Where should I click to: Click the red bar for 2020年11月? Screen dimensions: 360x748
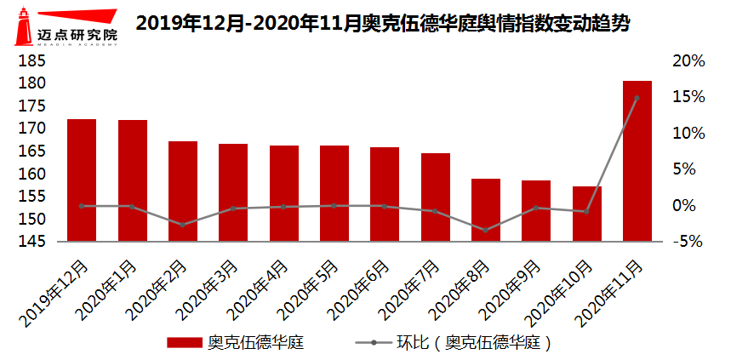pyautogui.click(x=637, y=162)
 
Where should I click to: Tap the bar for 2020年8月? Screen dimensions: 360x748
pyautogui.click(x=486, y=210)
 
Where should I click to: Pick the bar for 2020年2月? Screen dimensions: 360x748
pyautogui.click(x=183, y=191)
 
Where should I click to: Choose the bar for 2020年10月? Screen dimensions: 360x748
pyautogui.click(x=586, y=214)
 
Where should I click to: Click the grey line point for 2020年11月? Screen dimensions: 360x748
pyautogui.click(x=637, y=98)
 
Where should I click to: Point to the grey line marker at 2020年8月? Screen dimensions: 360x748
pyautogui.click(x=486, y=230)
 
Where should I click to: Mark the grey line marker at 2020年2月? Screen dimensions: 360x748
pyautogui.click(x=183, y=225)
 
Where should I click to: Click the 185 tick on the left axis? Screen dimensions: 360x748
pyautogui.click(x=33, y=61)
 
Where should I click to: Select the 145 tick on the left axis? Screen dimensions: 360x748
pyautogui.click(x=33, y=242)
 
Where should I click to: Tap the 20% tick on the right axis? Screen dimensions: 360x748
pyautogui.click(x=689, y=61)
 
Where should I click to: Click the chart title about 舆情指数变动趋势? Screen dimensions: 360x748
pyautogui.click(x=383, y=24)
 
